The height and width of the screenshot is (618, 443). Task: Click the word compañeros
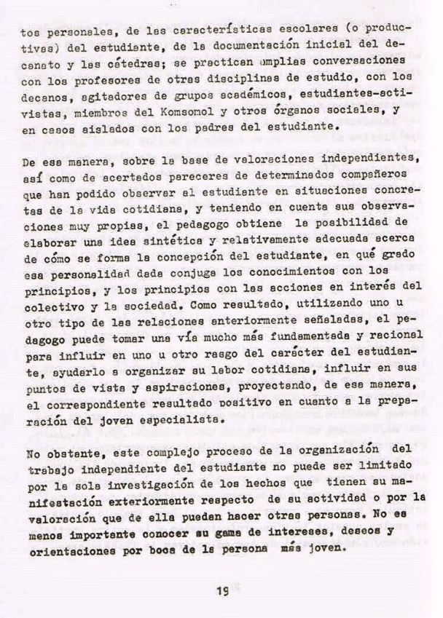pos(366,176)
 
